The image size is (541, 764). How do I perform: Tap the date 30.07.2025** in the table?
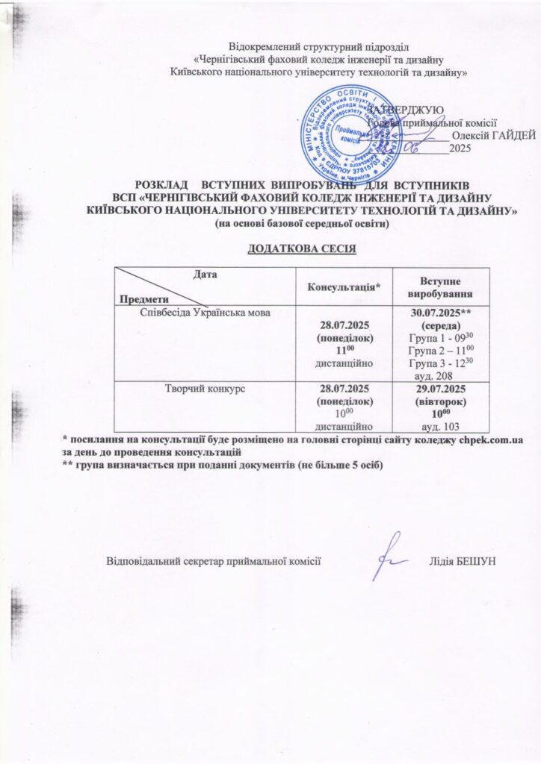(x=439, y=314)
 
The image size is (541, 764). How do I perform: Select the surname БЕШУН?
(x=474, y=561)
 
